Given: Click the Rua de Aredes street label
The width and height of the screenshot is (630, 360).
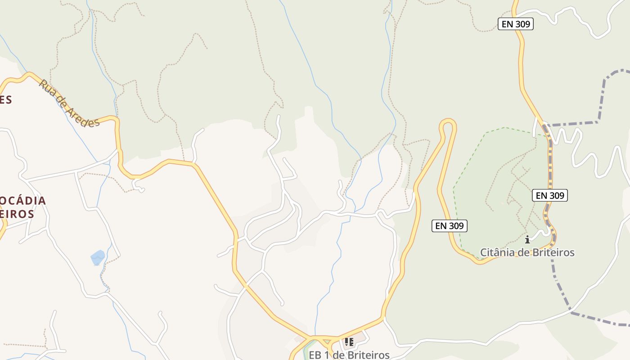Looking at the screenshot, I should (69, 103).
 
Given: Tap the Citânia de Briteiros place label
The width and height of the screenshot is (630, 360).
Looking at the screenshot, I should (527, 252).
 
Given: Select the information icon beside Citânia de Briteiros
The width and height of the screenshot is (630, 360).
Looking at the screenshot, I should (527, 239).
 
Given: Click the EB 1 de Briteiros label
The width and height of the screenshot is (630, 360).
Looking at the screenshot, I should (349, 355).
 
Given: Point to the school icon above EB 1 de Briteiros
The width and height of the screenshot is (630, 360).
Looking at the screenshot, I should (349, 342).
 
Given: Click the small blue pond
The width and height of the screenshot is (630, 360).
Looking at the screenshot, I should (98, 258).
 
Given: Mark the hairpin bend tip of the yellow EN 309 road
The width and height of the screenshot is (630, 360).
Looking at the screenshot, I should (448, 122).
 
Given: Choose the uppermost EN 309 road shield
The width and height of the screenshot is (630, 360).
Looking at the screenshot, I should (515, 24).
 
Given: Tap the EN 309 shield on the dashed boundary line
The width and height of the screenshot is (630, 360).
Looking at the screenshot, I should (549, 195).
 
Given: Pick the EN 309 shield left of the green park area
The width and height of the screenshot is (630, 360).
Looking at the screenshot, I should (450, 226).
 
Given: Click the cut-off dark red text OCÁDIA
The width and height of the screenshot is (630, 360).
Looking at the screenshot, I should (22, 200).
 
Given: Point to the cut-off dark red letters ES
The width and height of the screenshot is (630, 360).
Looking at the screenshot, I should (6, 99).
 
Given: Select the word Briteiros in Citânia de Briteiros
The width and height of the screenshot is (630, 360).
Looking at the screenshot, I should (553, 252).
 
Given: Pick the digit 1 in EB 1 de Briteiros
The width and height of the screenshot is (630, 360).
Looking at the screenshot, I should (327, 355).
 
